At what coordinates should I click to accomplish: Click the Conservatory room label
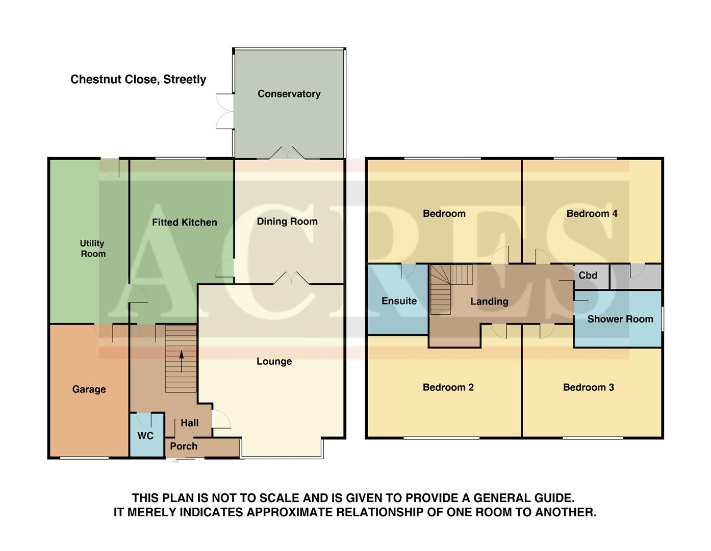289,94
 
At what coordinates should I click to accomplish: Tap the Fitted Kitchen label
184,222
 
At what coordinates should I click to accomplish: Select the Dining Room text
287,221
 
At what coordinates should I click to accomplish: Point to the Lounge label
274,361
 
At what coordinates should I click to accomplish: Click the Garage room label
89,389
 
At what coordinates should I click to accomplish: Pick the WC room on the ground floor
145,436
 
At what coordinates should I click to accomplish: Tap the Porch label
184,446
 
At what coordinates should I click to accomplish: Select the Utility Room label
92,248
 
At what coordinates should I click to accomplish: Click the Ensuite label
399,301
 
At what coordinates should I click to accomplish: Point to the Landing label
489,302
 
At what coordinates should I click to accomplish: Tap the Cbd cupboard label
588,275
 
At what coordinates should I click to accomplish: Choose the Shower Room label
620,319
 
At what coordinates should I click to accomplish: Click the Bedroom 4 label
592,214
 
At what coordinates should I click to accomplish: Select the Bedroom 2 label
448,387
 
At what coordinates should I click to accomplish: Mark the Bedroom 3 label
588,387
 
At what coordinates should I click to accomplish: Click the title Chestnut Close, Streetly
138,80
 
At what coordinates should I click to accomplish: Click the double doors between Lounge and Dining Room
291,279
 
